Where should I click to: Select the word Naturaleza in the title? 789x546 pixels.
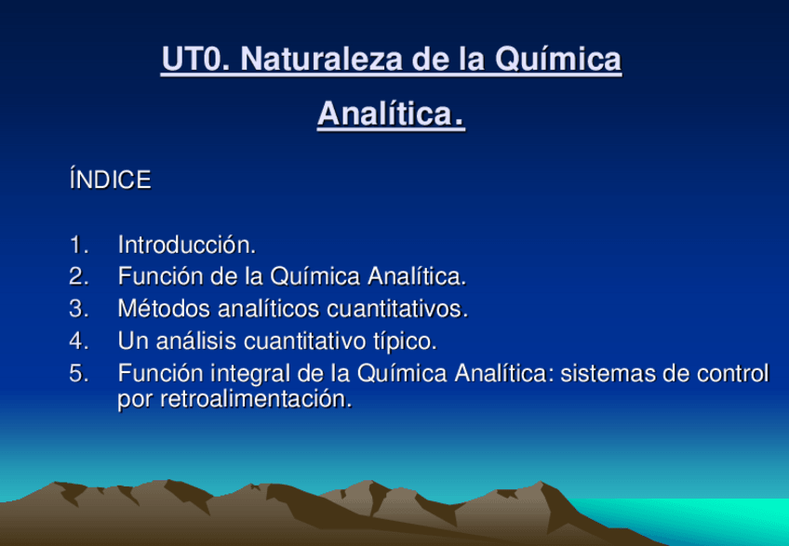[x=322, y=59]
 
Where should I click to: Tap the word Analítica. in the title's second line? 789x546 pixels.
[x=391, y=113]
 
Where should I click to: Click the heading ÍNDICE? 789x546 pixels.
[x=110, y=180]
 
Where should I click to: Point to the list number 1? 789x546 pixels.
[x=78, y=245]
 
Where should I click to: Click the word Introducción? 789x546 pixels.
[x=187, y=245]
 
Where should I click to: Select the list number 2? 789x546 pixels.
[x=79, y=277]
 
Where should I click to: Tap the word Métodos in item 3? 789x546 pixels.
[x=164, y=309]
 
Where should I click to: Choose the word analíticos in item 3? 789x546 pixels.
[x=269, y=309]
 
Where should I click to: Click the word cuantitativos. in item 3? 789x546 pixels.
[x=397, y=309]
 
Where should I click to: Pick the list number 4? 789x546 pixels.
[x=79, y=340]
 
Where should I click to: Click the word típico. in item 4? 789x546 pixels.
[x=405, y=341]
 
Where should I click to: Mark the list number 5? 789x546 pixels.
[x=79, y=373]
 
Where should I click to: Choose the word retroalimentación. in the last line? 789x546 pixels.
[x=256, y=399]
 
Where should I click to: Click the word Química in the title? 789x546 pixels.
[x=558, y=60]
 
